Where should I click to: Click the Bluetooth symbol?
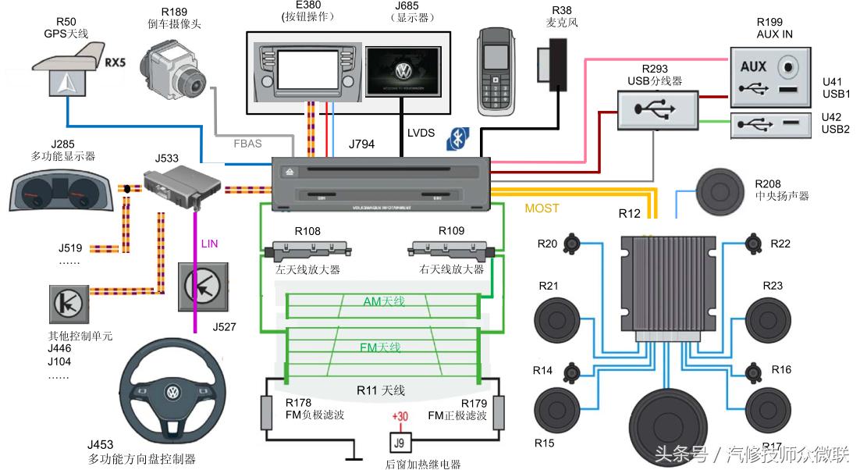(x=456, y=139)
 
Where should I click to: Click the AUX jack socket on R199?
(x=790, y=67)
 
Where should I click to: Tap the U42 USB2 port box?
(x=772, y=125)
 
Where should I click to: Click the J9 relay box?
(x=400, y=443)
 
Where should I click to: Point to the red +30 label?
(x=400, y=417)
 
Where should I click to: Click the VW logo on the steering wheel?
(x=171, y=392)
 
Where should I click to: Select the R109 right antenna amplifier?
(x=450, y=251)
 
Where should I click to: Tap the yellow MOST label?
(x=542, y=208)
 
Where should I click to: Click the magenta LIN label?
(x=209, y=244)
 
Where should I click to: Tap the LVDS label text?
(x=421, y=134)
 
